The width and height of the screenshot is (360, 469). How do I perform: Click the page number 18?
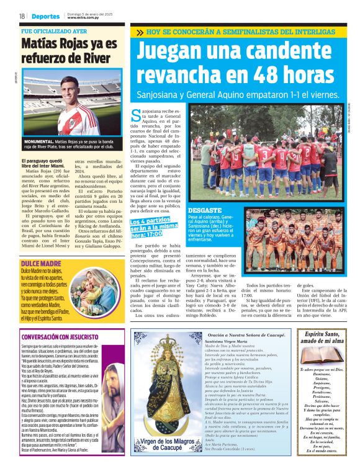click(x=22, y=16)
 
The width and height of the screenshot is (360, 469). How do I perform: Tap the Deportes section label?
click(x=46, y=16)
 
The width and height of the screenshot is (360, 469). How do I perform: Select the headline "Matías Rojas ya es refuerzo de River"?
click(x=69, y=50)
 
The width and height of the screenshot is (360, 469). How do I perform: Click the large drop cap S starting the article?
click(x=137, y=115)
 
